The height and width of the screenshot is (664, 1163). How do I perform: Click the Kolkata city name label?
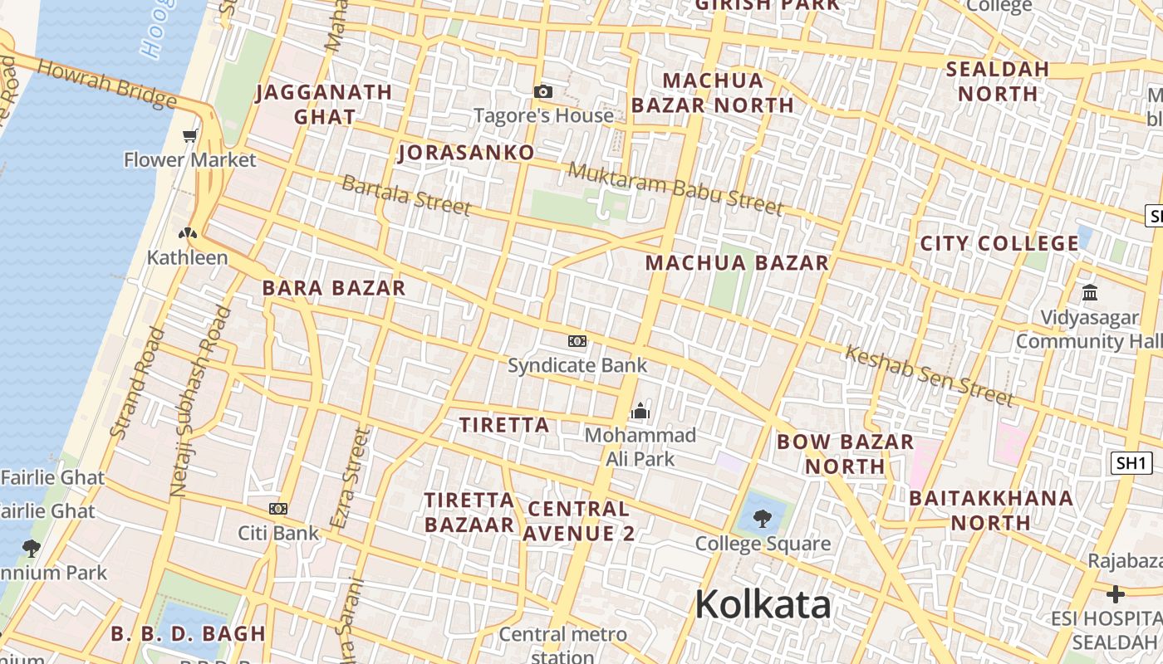click(763, 604)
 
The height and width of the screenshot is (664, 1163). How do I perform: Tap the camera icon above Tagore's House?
click(543, 91)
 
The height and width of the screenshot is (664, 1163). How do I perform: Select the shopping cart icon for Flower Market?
click(190, 135)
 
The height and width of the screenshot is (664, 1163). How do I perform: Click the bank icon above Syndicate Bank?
click(577, 340)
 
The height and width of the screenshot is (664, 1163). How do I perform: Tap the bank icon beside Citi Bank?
click(278, 508)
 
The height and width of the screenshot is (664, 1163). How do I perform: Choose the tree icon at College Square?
click(762, 520)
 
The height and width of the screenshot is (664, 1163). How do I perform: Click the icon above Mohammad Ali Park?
click(640, 411)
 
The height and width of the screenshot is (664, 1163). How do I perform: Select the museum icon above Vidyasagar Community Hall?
click(1090, 292)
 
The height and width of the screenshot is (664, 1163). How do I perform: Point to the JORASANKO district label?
click(466, 153)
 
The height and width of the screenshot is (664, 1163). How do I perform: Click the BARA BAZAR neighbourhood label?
click(334, 288)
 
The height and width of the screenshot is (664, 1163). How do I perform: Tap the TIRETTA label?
click(504, 425)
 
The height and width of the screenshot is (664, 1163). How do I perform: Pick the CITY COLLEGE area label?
click(999, 243)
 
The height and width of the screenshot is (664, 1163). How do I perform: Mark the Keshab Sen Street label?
click(929, 375)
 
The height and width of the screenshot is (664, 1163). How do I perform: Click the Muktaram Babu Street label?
click(676, 189)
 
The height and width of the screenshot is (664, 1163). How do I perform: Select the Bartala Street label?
click(406, 195)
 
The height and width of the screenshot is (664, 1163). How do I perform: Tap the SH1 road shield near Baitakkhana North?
click(1131, 463)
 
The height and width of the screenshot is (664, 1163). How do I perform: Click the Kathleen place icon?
click(188, 233)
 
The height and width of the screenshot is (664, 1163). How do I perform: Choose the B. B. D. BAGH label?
click(188, 633)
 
